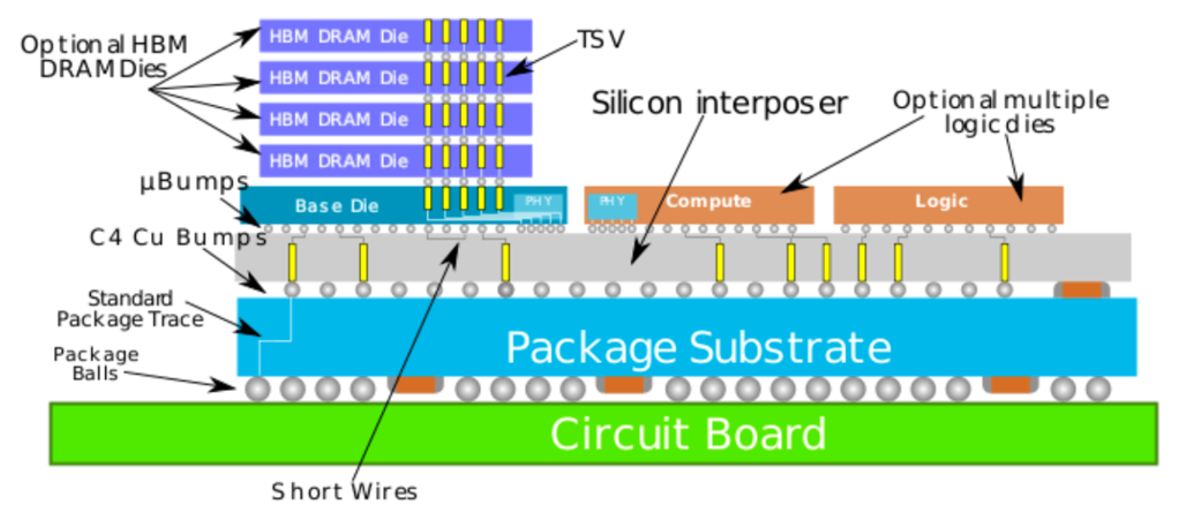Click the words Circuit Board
coord(688,434)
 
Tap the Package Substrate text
coord(698,348)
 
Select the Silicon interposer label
coord(719,103)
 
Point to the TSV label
coord(601,39)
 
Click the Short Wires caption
coord(344,492)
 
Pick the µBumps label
coord(194,182)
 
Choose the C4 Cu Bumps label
coord(178,237)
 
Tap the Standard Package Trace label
coord(130,309)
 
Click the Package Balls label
coord(95,363)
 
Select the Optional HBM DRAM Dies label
coord(104,56)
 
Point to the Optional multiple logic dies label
coord(1000,111)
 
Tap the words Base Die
coord(336,206)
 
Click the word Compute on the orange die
coord(708,201)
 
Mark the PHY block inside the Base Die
coord(538,201)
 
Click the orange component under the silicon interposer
coord(1081,289)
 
